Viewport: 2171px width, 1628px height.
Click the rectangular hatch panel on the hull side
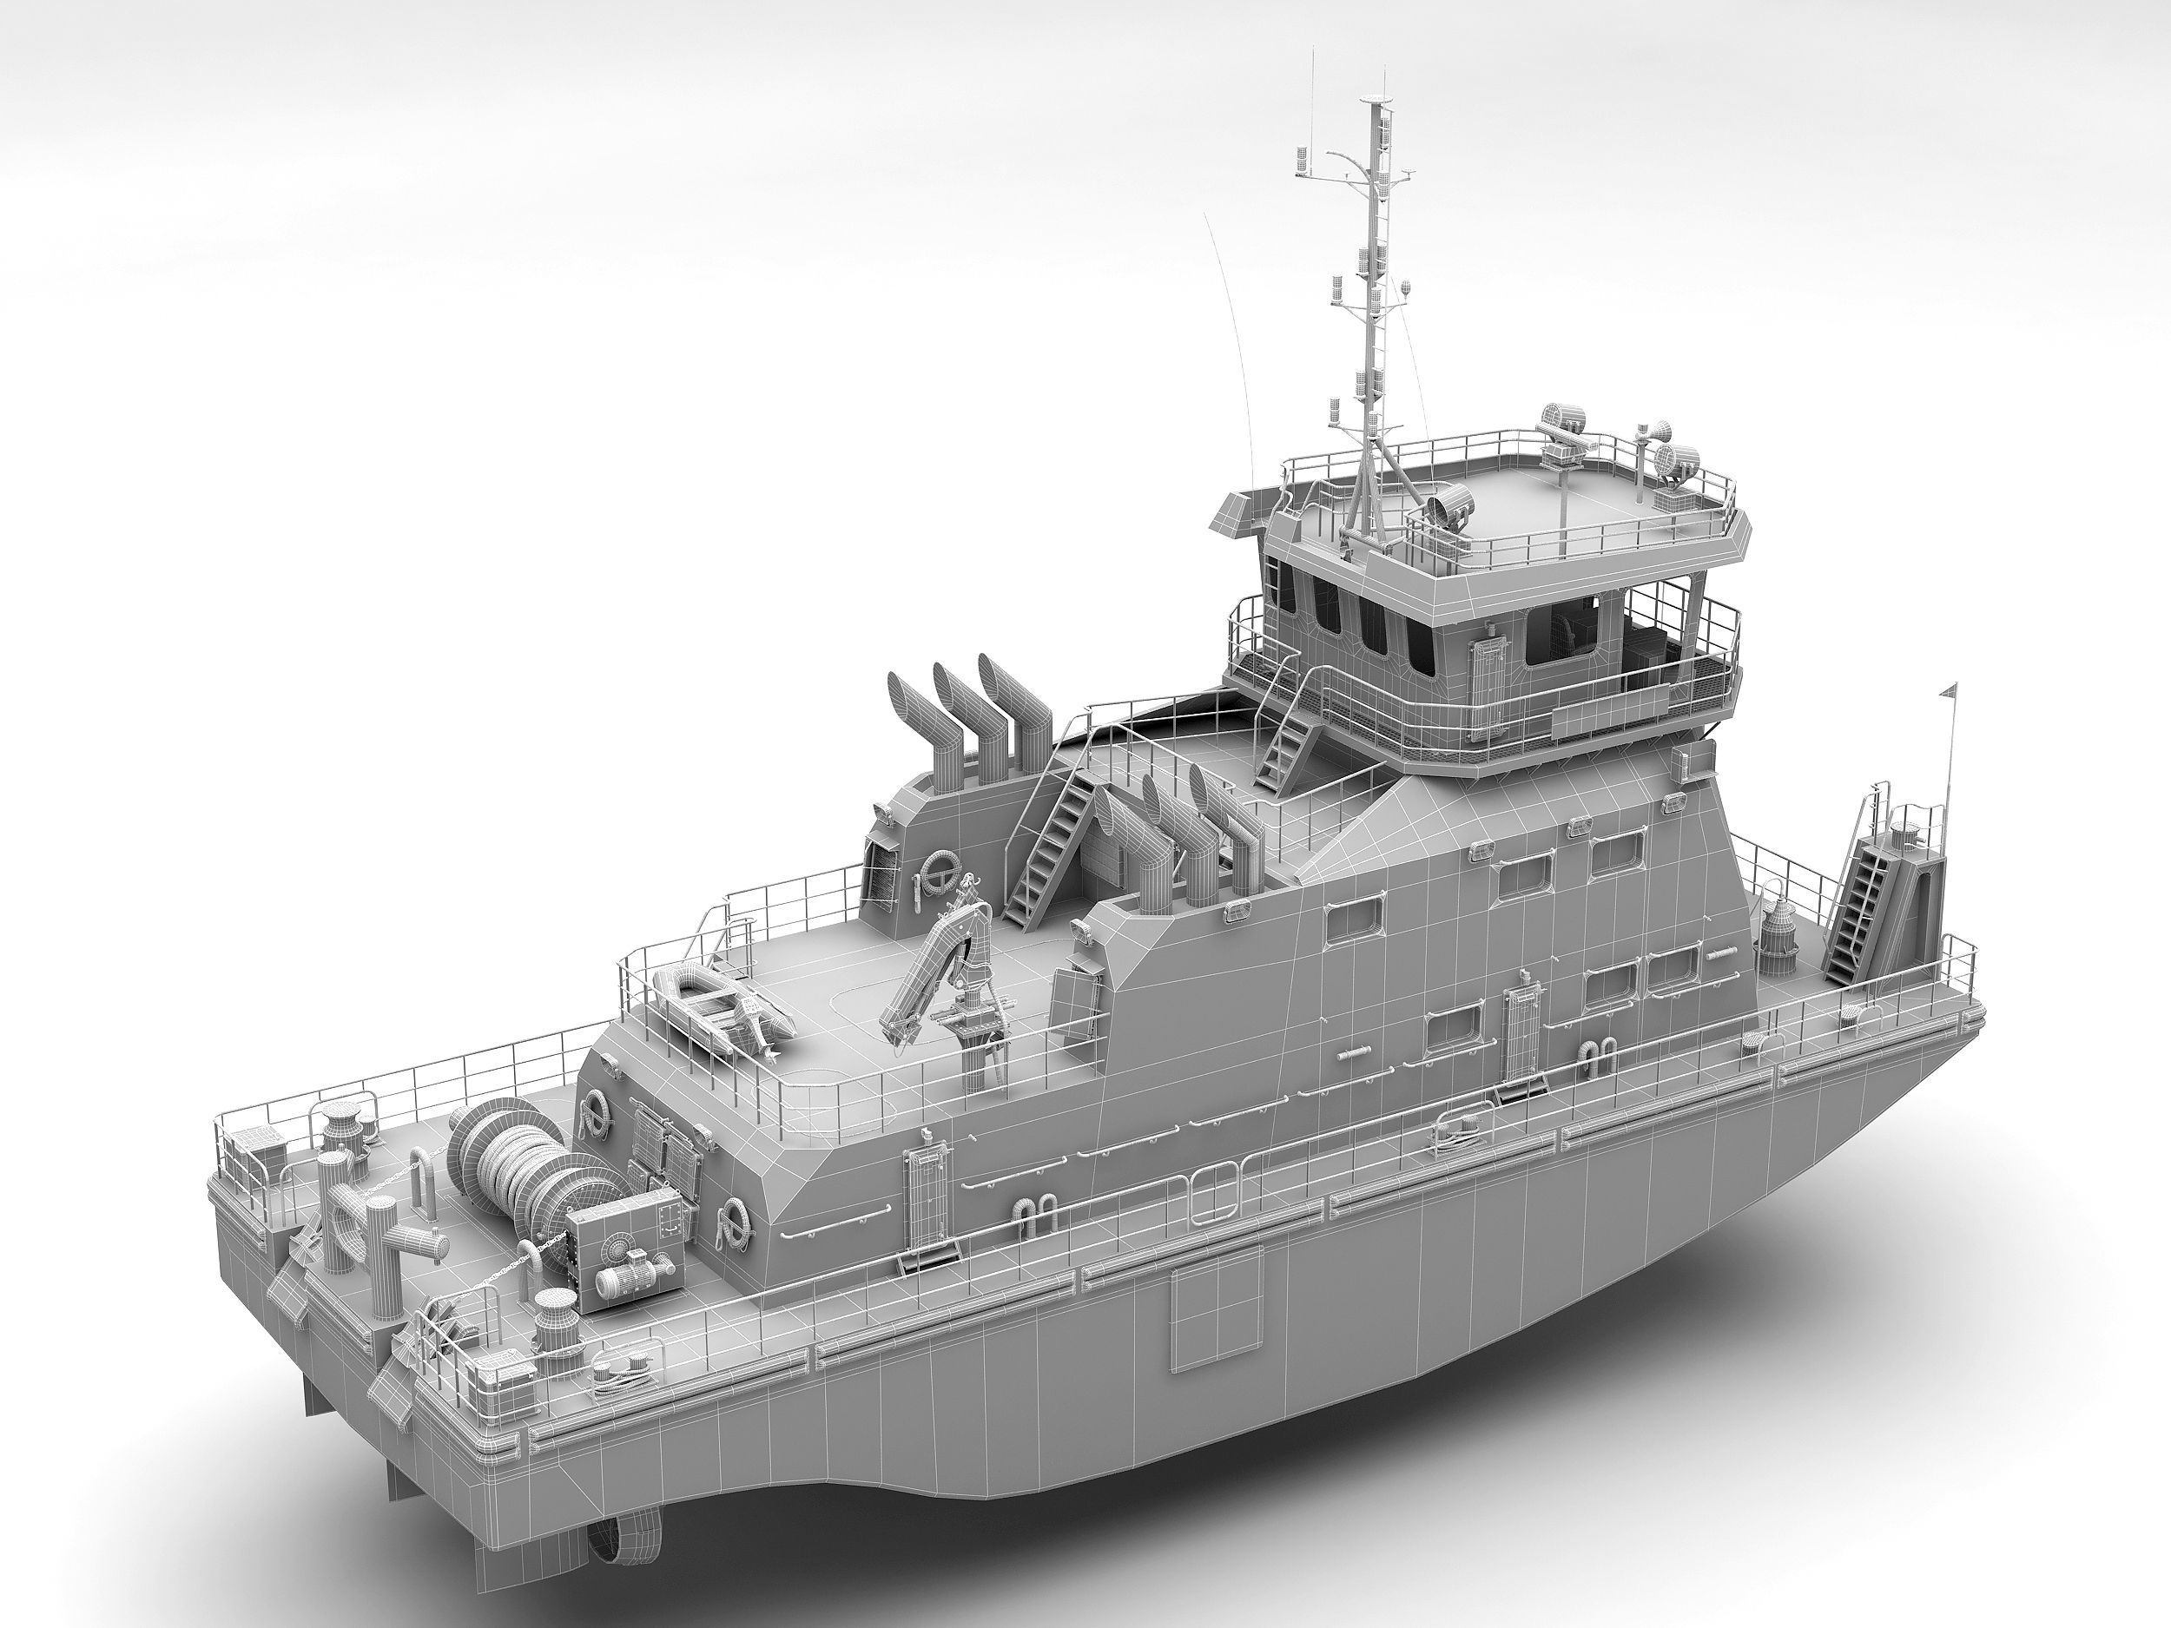(x=1214, y=1315)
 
